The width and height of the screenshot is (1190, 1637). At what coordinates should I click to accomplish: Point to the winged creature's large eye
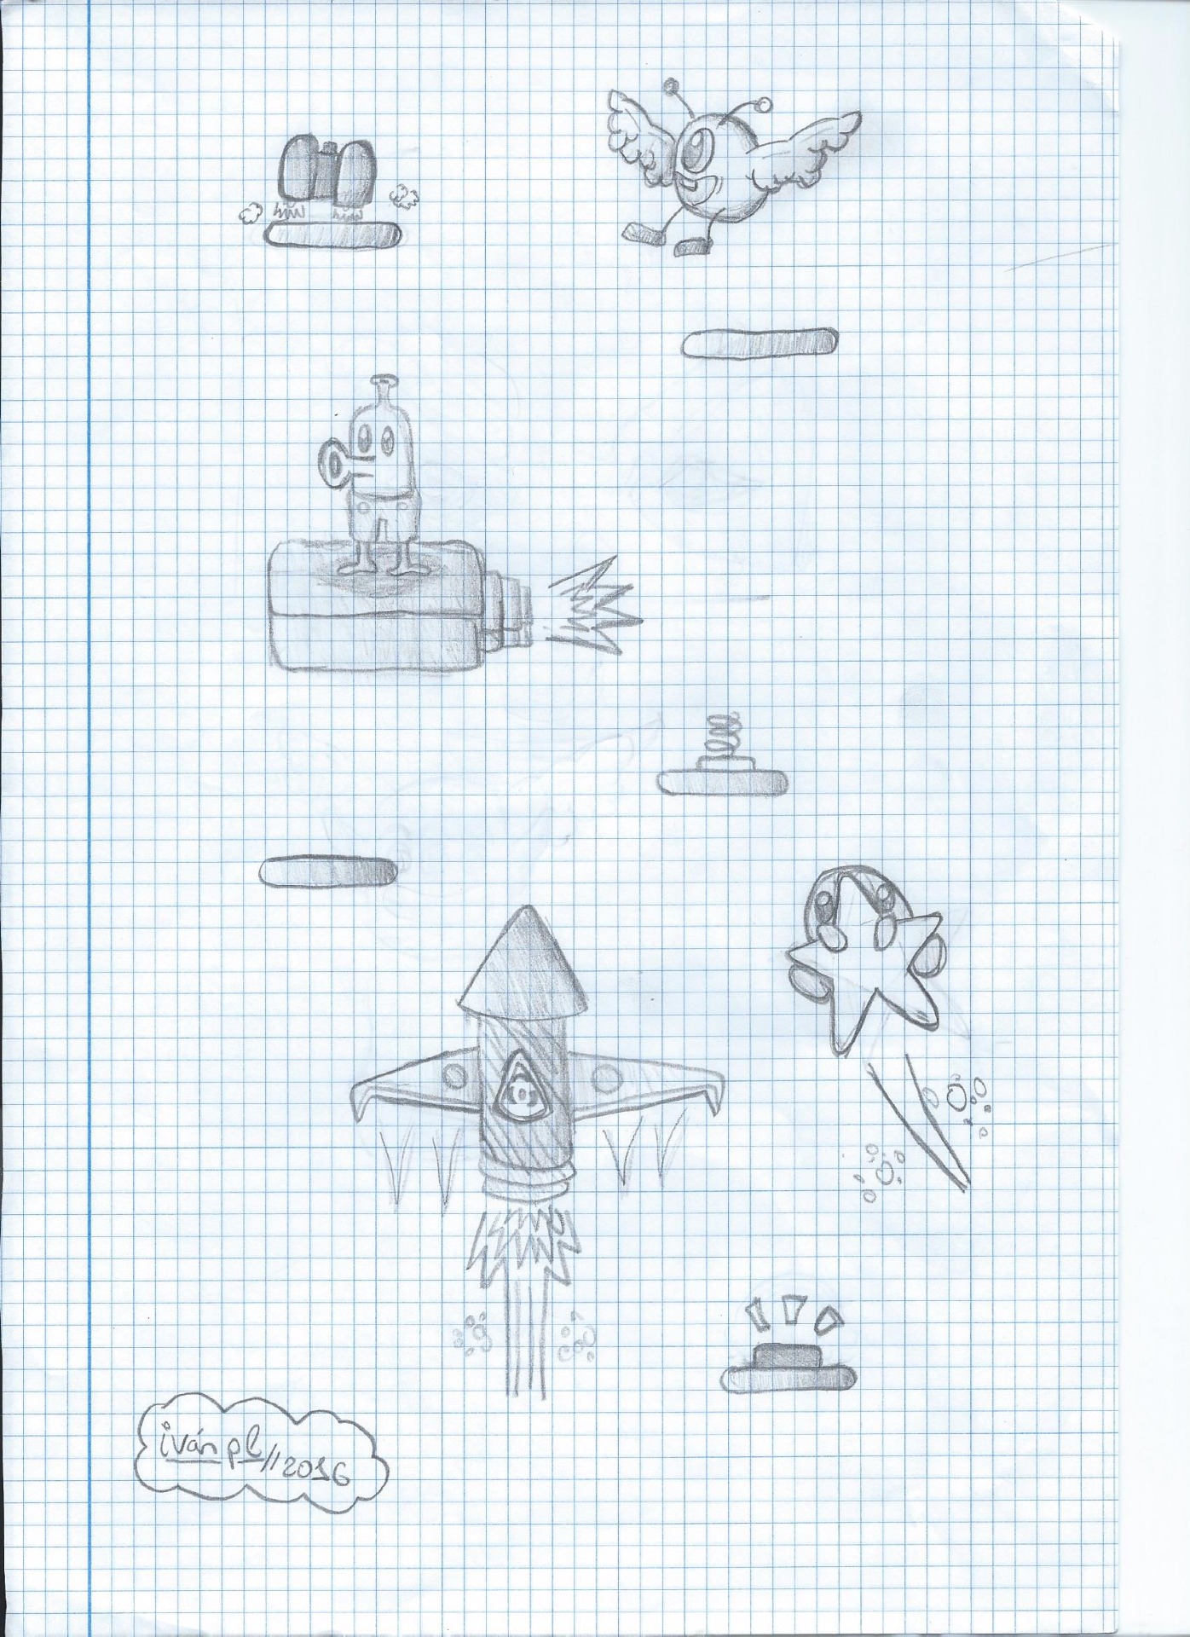pyautogui.click(x=701, y=148)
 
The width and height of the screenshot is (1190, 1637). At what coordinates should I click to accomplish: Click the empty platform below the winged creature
pyautogui.click(x=759, y=342)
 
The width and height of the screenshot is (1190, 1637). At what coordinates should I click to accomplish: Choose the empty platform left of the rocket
pyautogui.click(x=328, y=871)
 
